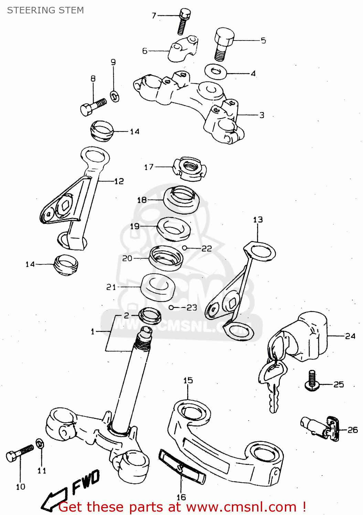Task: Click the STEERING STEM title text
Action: click(x=45, y=10)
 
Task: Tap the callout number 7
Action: click(x=154, y=15)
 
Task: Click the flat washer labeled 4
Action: click(x=216, y=72)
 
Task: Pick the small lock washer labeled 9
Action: click(x=115, y=96)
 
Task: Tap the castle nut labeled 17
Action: click(x=189, y=168)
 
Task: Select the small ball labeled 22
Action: click(x=184, y=248)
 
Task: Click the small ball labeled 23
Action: click(x=171, y=308)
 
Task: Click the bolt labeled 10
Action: click(x=20, y=453)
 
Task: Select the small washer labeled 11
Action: click(x=40, y=444)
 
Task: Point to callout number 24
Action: click(x=350, y=336)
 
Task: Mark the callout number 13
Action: click(x=258, y=220)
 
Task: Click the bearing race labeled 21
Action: click(x=158, y=287)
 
